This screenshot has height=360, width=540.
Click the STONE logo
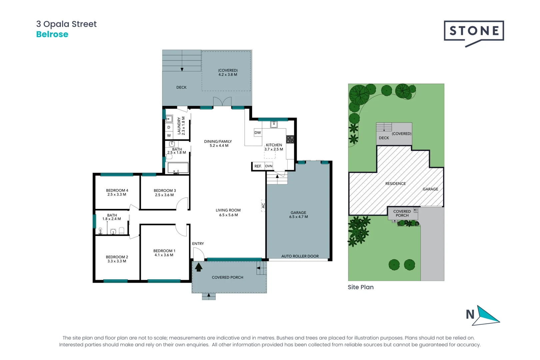pos(474,32)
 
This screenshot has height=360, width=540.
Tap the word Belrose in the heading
pos(52,34)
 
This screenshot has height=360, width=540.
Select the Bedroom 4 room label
pos(117,190)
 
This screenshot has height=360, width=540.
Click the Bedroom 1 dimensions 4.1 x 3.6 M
pos(164,255)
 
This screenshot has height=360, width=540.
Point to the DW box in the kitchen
pos(258,133)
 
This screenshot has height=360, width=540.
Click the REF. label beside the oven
pos(258,166)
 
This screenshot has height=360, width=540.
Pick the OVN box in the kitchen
pos(269,166)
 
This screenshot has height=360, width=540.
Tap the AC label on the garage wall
pos(263,206)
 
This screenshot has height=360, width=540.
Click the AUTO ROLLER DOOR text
pos(300,256)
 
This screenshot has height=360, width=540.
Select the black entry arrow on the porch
pos(199,267)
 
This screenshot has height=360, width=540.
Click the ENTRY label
pos(198,244)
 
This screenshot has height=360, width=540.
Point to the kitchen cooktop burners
pos(290,139)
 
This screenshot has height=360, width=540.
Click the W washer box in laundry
pos(169,135)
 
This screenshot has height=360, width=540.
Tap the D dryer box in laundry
pos(169,127)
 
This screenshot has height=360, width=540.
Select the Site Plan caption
pos(360,287)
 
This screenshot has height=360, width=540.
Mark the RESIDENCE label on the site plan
pos(395,184)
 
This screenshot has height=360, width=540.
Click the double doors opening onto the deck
pos(222,102)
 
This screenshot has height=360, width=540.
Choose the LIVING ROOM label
pos(228,210)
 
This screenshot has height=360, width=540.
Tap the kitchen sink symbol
pos(274,124)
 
